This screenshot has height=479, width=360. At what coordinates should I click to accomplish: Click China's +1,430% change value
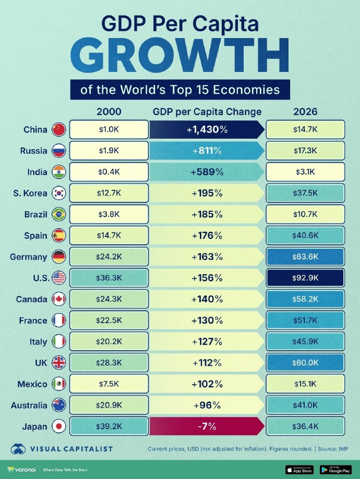point(207,130)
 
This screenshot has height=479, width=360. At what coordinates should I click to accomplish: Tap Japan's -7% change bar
point(207,427)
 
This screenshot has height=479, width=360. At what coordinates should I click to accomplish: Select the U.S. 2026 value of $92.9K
point(305,278)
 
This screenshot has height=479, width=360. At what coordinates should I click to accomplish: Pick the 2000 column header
point(109,112)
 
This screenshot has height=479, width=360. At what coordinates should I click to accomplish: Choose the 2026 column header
point(305,112)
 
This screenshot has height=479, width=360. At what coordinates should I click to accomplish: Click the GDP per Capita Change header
point(207,112)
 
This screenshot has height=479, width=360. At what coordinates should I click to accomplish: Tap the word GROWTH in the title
point(180,54)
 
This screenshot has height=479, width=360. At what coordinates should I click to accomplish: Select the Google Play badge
point(335,469)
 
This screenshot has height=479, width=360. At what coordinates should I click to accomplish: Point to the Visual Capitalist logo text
point(70,448)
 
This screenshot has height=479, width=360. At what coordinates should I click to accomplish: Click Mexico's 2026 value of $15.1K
point(305,384)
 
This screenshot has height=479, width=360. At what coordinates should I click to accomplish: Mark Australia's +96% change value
point(207,406)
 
